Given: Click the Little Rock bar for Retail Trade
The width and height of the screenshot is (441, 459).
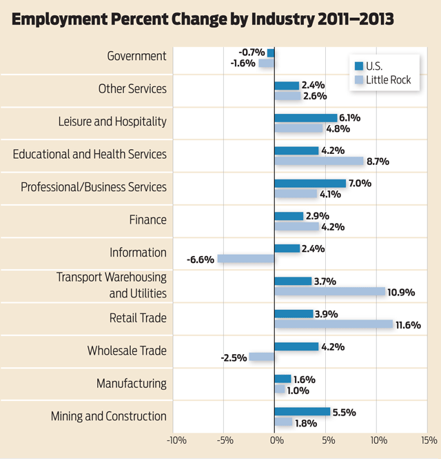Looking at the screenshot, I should (334, 324).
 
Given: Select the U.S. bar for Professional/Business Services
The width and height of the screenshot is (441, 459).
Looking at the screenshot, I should (310, 184).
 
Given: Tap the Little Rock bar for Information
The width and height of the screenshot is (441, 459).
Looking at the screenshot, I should (246, 259).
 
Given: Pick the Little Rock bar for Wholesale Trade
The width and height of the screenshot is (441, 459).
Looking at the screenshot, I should (262, 357).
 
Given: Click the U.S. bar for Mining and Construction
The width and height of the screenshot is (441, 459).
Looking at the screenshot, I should (302, 411).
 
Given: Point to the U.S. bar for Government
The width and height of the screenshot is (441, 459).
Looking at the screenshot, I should (271, 52).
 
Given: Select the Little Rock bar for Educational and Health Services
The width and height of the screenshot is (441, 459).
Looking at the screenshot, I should (319, 161).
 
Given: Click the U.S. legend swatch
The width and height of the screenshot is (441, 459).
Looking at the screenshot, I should (358, 66).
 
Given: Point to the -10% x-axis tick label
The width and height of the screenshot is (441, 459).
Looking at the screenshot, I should (176, 440).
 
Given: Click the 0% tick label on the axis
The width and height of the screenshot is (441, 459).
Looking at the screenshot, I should (274, 440).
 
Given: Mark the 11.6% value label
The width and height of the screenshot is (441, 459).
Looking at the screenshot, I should (408, 324).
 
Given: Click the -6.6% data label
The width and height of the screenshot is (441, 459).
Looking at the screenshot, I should (200, 260).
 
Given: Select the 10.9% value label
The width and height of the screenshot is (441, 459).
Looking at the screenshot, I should (402, 292).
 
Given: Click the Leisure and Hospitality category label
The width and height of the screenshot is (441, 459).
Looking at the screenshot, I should (112, 121).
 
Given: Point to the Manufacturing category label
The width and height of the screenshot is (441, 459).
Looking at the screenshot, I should (131, 383).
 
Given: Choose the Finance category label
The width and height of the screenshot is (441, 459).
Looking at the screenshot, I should (147, 219).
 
